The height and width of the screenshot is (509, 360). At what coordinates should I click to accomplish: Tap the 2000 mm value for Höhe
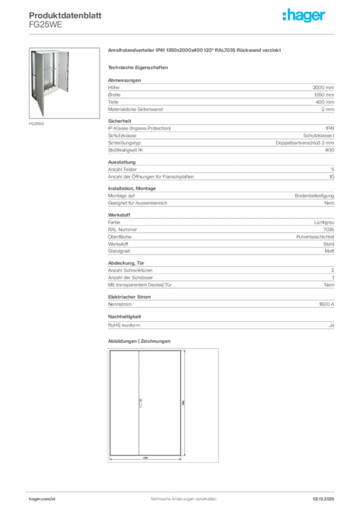point(323,87)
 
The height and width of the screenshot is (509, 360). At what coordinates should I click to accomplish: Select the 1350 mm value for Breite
point(324,94)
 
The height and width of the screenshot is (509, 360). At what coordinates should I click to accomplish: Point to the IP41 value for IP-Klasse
point(329,128)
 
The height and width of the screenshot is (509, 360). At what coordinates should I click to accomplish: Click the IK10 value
point(329,150)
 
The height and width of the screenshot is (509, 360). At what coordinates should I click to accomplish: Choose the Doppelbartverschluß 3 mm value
point(305,143)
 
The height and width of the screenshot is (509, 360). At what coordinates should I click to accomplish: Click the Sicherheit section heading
point(119,121)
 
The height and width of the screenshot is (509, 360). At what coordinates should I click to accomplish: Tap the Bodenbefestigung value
point(314,196)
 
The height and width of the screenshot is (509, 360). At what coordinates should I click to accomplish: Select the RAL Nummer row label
point(122,230)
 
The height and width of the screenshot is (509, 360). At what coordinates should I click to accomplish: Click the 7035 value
point(328,230)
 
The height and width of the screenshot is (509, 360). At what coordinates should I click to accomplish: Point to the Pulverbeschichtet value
point(315,237)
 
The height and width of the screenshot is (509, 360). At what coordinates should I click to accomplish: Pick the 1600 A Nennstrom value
point(326,304)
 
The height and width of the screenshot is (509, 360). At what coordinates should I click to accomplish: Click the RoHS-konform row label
point(124,325)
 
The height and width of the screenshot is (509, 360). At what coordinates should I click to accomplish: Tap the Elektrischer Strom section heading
point(129,297)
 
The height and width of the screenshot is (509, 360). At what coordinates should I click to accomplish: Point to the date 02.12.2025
point(323,499)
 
